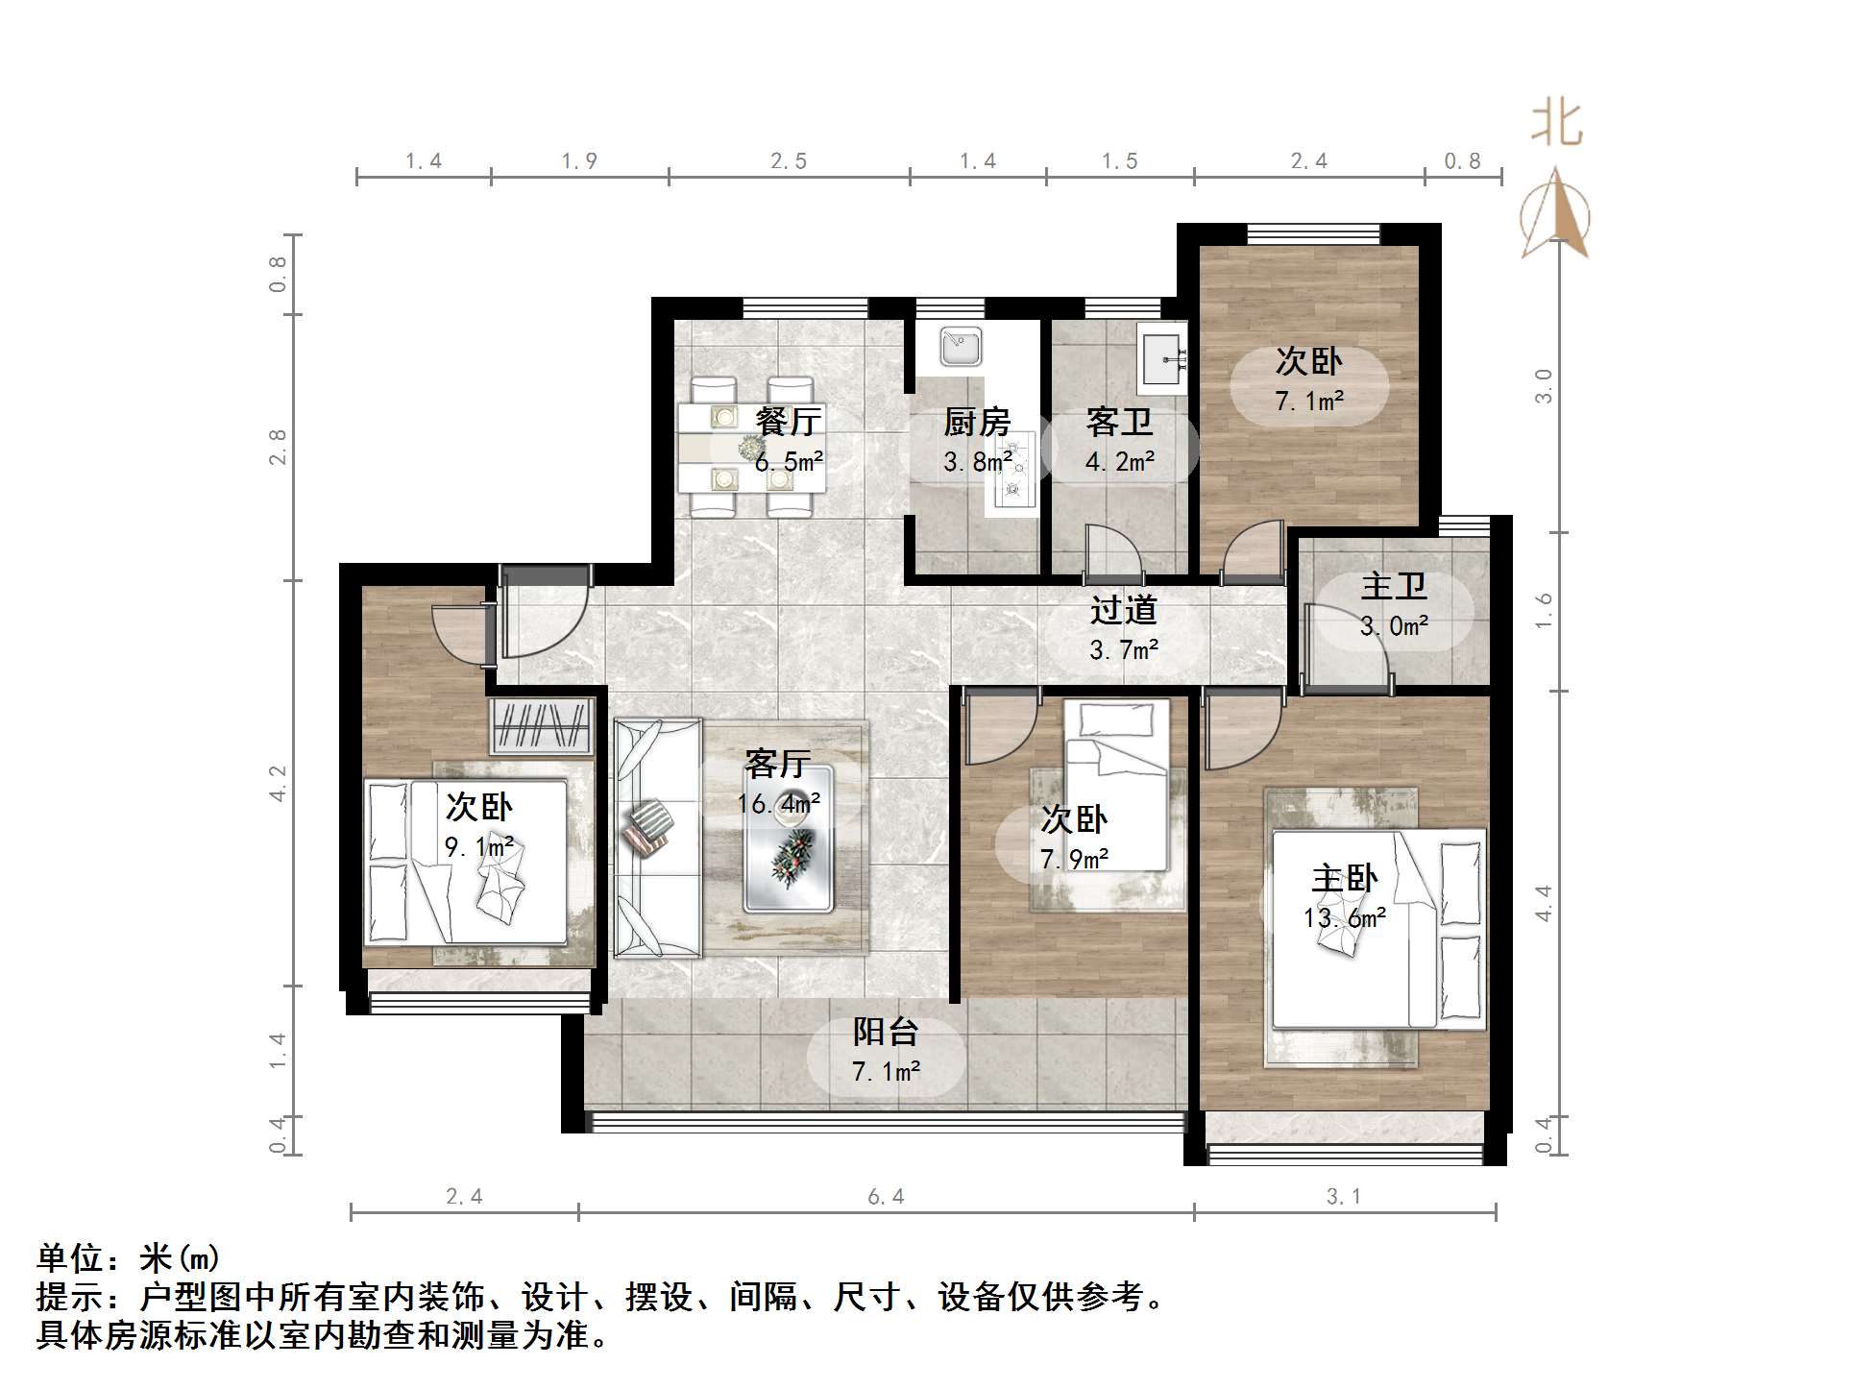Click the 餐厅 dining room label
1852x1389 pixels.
(788, 421)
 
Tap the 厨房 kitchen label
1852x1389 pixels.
(976, 421)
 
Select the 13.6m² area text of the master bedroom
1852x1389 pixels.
(1344, 918)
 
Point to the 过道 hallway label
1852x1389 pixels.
(1123, 610)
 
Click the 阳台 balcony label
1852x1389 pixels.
(886, 1032)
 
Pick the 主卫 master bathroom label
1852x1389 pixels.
(1394, 586)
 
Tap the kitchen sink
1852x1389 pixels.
(960, 346)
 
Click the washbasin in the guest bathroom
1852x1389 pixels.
(1163, 358)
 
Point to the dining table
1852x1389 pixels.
(751, 448)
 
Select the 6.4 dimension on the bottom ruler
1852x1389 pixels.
(886, 1197)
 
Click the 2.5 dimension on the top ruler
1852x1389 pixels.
(789, 161)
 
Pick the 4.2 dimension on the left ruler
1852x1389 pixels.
(278, 783)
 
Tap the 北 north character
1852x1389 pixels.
(1556, 124)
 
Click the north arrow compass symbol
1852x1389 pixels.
(1555, 215)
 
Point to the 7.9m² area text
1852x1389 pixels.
(1075, 859)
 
